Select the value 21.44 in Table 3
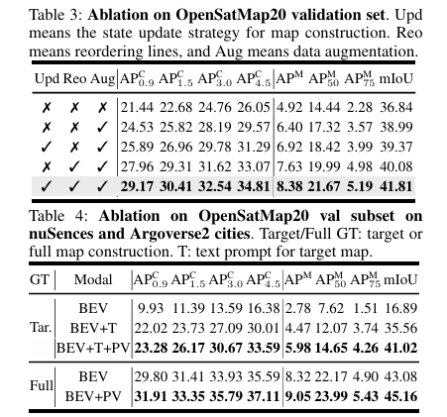click(136, 106)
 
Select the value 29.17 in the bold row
click(136, 185)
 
